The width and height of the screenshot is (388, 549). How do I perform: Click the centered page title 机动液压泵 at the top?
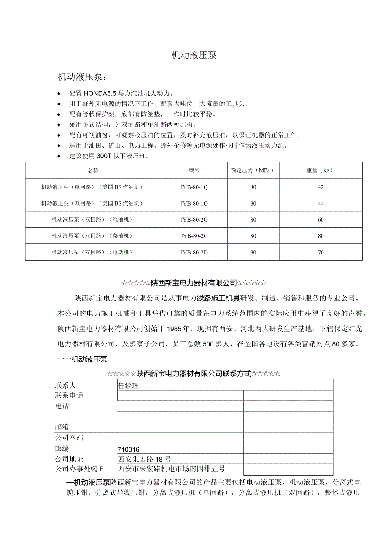(x=194, y=55)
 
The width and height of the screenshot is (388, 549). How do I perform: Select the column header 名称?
(x=93, y=170)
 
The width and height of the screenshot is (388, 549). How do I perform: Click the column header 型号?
(x=194, y=170)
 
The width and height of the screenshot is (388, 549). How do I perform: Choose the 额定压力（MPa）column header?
(x=253, y=170)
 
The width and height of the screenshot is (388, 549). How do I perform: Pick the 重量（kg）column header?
(x=321, y=170)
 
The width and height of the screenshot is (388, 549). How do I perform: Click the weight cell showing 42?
(x=321, y=187)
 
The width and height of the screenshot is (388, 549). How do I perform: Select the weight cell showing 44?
(x=321, y=203)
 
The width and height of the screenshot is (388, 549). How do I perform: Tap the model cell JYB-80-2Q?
(x=194, y=220)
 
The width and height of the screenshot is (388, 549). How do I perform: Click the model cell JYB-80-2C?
(x=194, y=236)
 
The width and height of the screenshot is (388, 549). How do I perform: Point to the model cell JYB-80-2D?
(x=194, y=252)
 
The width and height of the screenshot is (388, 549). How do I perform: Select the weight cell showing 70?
(x=321, y=252)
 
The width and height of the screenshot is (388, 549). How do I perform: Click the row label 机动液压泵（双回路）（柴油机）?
(x=93, y=236)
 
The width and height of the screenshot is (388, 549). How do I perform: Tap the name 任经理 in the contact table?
(x=129, y=385)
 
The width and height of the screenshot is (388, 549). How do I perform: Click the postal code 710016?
(x=129, y=449)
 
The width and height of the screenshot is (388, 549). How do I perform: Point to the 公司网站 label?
(x=69, y=438)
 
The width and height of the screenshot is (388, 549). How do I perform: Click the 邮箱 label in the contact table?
(x=62, y=427)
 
